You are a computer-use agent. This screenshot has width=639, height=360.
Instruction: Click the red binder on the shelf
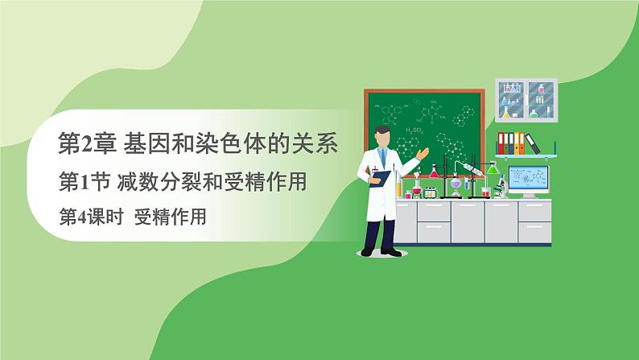tap(503, 143)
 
